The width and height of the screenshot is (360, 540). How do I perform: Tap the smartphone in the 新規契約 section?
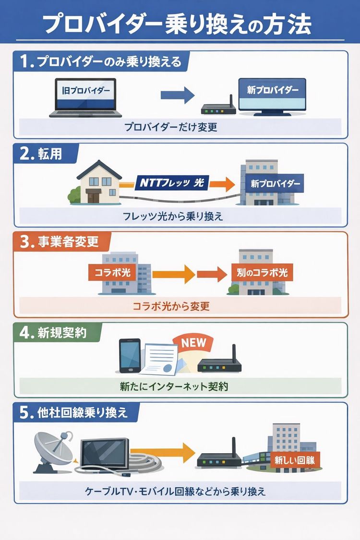(130, 356)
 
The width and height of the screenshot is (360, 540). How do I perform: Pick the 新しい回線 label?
(295, 460)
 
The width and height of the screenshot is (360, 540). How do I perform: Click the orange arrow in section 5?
(179, 451)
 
